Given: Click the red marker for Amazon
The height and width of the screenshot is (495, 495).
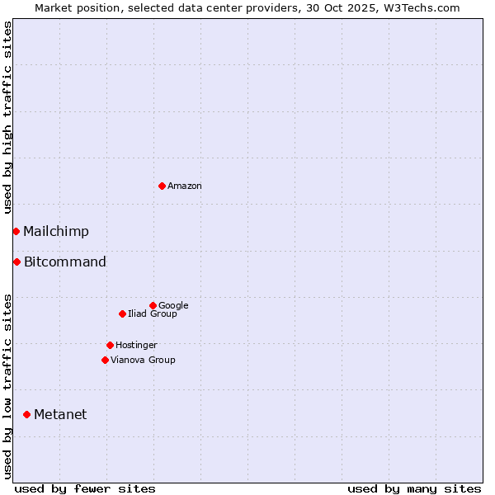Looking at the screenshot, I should [162, 186].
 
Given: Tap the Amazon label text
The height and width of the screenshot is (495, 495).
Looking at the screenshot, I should [185, 186].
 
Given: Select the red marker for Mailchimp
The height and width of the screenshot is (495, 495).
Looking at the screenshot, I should [16, 231].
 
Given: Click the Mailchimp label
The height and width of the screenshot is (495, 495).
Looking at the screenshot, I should [56, 232].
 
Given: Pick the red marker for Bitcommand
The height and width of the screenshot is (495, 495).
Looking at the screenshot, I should [16, 262].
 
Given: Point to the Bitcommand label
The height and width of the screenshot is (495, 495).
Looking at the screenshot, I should [65, 262].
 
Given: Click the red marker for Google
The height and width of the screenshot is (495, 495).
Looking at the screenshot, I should [153, 305].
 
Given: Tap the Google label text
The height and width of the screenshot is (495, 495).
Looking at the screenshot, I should [173, 306].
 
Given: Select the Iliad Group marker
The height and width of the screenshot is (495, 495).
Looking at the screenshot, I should [122, 313].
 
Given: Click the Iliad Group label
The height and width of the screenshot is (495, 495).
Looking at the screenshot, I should [153, 314].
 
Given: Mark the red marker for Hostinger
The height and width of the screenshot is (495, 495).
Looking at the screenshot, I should [110, 345].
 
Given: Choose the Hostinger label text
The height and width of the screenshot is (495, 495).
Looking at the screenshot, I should [136, 346].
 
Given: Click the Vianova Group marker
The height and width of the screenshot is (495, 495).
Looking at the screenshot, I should [105, 360].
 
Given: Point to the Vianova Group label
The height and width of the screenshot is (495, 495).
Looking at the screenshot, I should [143, 361].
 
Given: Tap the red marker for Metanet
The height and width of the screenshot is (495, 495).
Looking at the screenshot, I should [26, 414].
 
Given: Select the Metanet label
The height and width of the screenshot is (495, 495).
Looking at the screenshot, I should [60, 415].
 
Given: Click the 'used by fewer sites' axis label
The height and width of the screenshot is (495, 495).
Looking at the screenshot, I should [85, 488].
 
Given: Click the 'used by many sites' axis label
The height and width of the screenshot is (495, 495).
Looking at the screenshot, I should [414, 488].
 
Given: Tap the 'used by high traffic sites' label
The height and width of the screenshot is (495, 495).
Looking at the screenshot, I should [7, 118].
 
